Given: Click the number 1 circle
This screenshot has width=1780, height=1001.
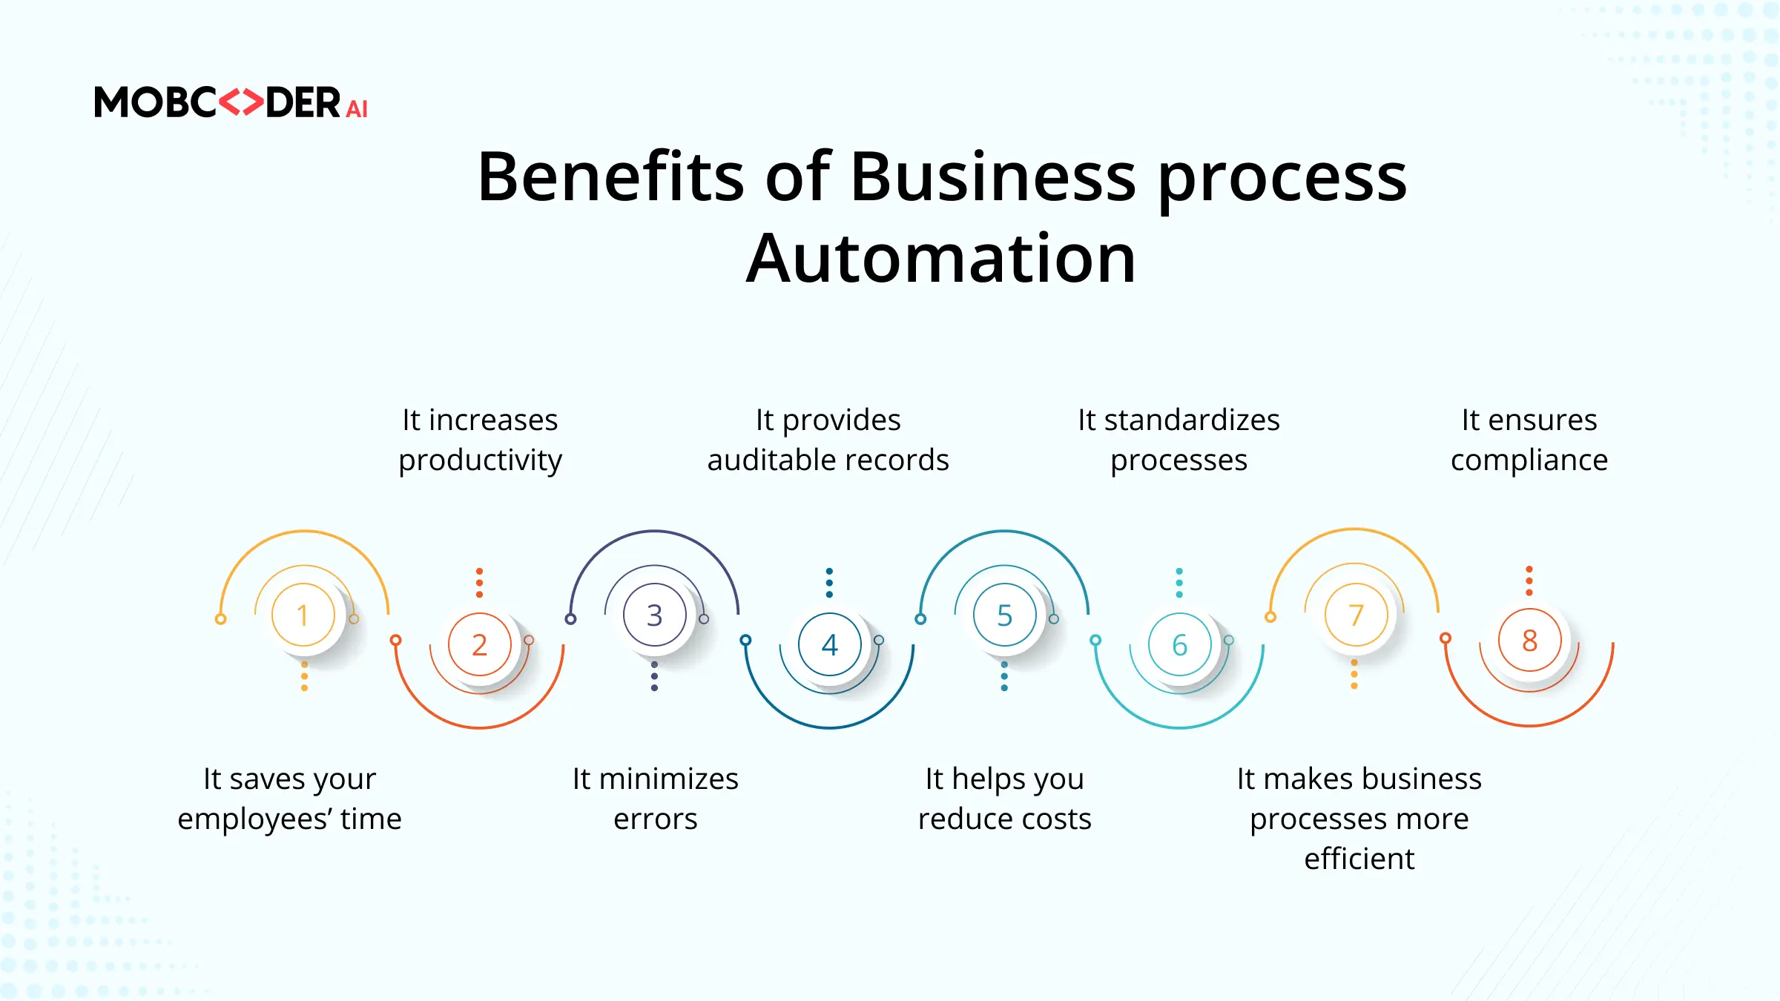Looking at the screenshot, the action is tap(303, 615).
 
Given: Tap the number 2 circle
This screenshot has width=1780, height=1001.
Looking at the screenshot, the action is tap(480, 644).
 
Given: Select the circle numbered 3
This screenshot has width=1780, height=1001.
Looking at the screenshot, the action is tap(655, 615).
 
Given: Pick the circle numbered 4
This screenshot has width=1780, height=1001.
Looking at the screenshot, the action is tap(830, 644).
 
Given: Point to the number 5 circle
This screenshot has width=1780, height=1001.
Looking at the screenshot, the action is tap(1005, 615).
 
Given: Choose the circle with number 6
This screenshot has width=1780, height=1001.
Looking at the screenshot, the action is tap(1180, 644).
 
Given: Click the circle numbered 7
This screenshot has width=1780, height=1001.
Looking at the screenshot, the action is tap(1357, 615).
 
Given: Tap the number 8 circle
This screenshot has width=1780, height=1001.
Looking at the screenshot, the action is tap(1530, 640).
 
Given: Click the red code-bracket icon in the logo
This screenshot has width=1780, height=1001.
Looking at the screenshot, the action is tap(242, 102).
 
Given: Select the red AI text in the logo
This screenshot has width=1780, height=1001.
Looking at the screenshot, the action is tap(357, 110).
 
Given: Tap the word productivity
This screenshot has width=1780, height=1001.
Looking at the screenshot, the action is tap(481, 460).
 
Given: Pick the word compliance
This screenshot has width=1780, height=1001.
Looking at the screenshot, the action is tap(1529, 460).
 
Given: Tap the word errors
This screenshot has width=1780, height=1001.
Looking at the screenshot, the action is tap(656, 819).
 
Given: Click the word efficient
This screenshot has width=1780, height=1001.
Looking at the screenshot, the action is tap(1359, 859).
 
